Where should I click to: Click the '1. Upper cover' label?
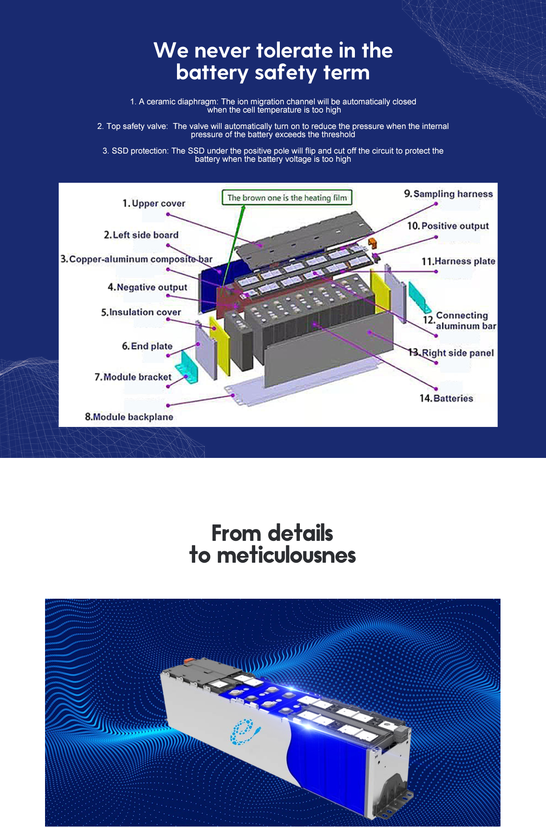[x=154, y=203]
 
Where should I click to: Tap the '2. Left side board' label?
[x=141, y=235]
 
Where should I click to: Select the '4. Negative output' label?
[x=147, y=287]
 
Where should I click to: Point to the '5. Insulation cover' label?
[x=141, y=312]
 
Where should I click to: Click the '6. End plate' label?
[x=147, y=346]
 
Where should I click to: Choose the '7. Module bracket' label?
[x=133, y=377]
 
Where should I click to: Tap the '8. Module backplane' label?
[x=129, y=416]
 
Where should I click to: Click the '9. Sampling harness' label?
[x=449, y=194]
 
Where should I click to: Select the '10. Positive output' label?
[x=448, y=226]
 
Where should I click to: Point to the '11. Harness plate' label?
[x=459, y=261]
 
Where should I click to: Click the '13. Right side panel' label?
[x=451, y=353]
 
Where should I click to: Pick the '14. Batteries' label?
[x=446, y=398]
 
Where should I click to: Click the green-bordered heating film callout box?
[x=287, y=198]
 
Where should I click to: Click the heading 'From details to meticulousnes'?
[x=273, y=544]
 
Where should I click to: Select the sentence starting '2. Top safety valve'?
[x=273, y=130]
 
